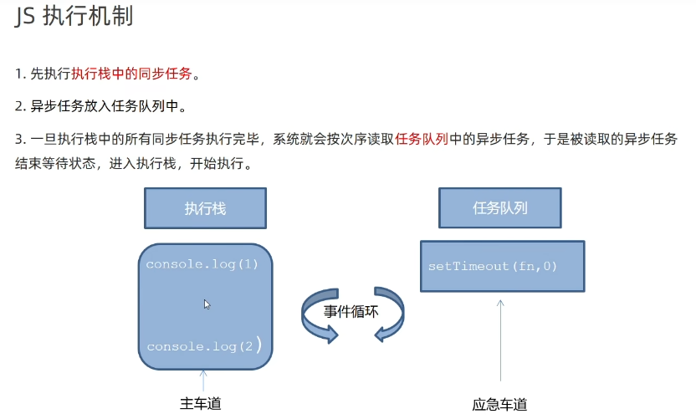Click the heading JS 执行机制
[x=74, y=18]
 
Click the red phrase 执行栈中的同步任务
[x=131, y=74]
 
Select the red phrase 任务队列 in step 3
[x=422, y=138]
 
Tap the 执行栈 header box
[x=205, y=208]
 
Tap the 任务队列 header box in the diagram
[x=499, y=207]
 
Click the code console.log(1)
[x=202, y=264]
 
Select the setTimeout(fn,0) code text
[x=493, y=266]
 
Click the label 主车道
[x=201, y=404]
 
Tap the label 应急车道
[x=499, y=405]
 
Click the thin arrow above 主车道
[x=203, y=380]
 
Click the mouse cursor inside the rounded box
[x=207, y=304]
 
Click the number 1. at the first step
[x=21, y=74]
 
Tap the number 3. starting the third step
[x=21, y=138]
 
